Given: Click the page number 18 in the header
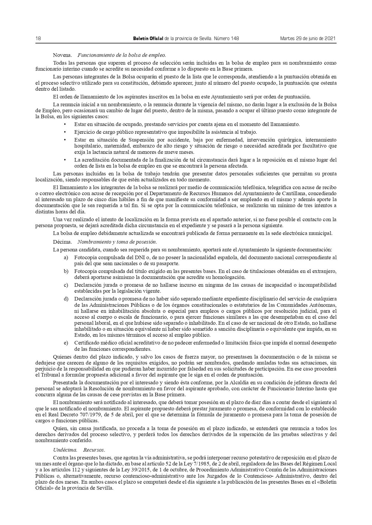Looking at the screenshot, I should click(38, 39).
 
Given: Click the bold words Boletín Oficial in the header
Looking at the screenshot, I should click(148, 39).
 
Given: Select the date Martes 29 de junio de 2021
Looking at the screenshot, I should click(308, 39).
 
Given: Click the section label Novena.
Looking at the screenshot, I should click(62, 55).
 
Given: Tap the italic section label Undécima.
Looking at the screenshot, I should click(65, 450).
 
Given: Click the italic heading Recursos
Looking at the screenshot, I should click(94, 450).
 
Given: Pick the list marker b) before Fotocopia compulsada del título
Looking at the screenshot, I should click(66, 271).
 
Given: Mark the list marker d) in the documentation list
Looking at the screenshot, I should click(66, 299).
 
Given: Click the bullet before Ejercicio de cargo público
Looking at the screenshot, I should click(65, 132).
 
